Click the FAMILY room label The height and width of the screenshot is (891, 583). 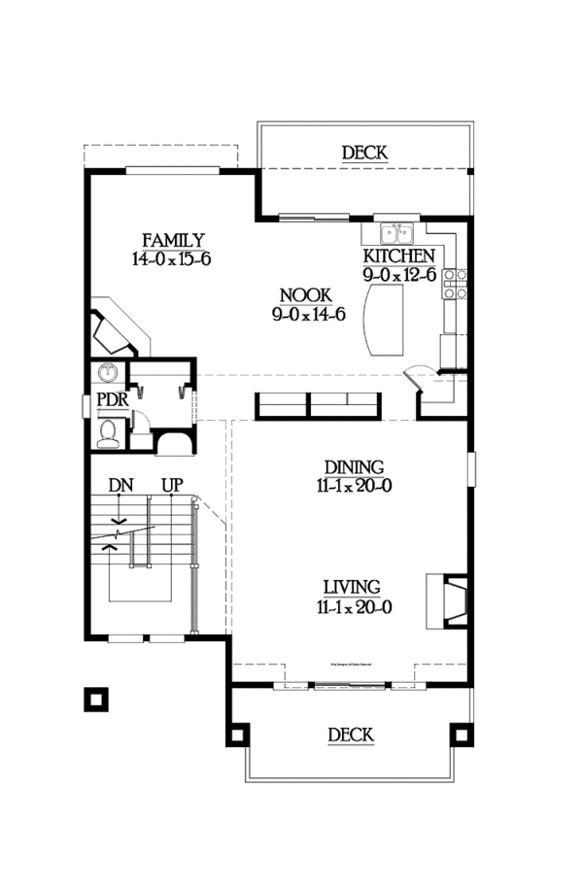(x=173, y=240)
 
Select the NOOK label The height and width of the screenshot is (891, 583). (x=305, y=295)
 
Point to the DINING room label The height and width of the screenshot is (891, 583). (x=354, y=467)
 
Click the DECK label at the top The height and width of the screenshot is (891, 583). (x=364, y=153)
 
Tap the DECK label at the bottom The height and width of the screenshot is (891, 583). (x=350, y=736)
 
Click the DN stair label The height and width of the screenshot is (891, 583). (x=120, y=483)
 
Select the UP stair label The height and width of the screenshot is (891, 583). (x=172, y=483)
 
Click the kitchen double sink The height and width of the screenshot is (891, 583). (x=396, y=232)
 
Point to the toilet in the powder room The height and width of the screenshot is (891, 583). (x=110, y=430)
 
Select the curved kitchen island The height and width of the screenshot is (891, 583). (x=381, y=322)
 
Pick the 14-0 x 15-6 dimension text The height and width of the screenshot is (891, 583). (x=172, y=259)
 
